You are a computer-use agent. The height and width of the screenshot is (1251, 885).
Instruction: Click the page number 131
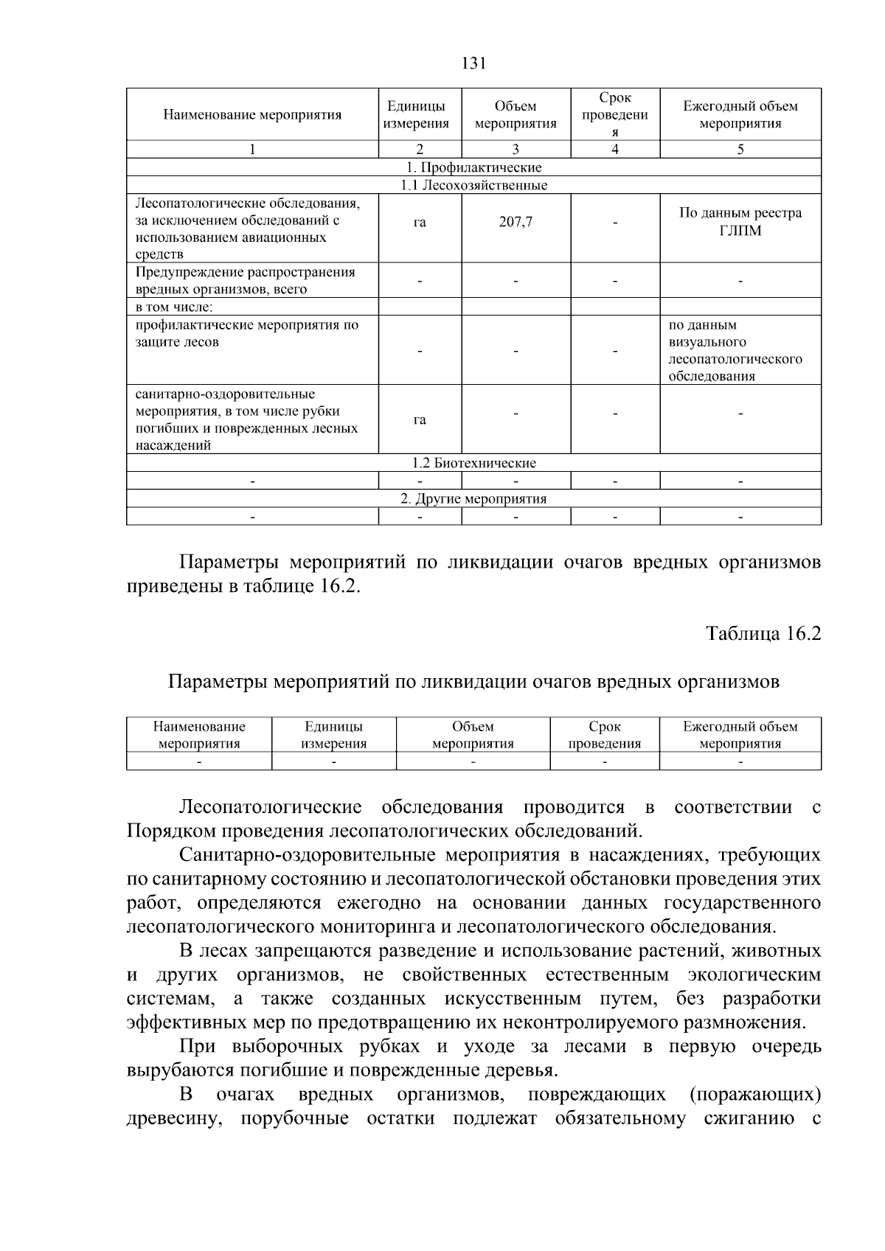[473, 63]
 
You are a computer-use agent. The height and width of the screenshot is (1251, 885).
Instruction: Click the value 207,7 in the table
[516, 221]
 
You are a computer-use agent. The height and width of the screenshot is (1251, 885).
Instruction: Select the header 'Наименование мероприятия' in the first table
[252, 115]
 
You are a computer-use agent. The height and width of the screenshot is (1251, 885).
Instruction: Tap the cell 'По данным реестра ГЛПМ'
[740, 221]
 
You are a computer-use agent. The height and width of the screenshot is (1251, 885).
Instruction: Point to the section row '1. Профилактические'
[473, 167]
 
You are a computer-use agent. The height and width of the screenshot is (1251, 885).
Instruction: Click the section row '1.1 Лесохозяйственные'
[473, 185]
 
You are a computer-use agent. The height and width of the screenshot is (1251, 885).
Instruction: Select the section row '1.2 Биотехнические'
[473, 463]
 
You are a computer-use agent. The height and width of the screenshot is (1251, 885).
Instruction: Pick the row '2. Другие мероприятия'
[473, 498]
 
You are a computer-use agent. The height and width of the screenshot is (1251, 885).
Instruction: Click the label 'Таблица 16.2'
[763, 634]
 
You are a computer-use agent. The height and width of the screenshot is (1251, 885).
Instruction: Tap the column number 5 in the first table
[740, 150]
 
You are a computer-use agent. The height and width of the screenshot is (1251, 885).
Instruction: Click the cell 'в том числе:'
[175, 307]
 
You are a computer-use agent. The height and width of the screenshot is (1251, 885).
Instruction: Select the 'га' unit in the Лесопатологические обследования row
[420, 221]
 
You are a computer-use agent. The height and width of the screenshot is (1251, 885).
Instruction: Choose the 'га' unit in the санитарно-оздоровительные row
[420, 419]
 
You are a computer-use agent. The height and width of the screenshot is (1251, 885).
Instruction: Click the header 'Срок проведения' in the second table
[605, 735]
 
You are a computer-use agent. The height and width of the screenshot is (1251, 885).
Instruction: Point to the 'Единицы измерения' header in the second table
[333, 735]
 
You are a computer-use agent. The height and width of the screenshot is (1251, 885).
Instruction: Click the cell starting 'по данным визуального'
[735, 350]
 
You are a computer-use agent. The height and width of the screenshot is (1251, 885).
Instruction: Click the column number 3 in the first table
[516, 150]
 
